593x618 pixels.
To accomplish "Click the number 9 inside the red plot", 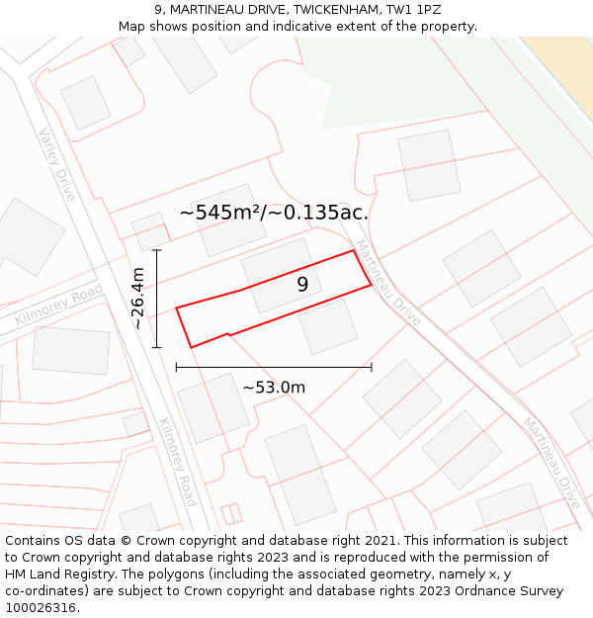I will (302, 285).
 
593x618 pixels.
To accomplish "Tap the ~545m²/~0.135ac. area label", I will (274, 213).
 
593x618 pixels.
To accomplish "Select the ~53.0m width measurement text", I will (274, 388).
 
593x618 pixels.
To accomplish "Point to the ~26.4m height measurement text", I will (137, 299).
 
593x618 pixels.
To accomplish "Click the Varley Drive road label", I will (57, 164).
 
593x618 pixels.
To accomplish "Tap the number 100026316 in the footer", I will (41, 607).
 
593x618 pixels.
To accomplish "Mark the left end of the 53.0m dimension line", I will (176, 368).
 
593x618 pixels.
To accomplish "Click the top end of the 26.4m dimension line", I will (157, 251).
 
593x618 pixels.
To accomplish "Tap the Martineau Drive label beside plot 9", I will (388, 283).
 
